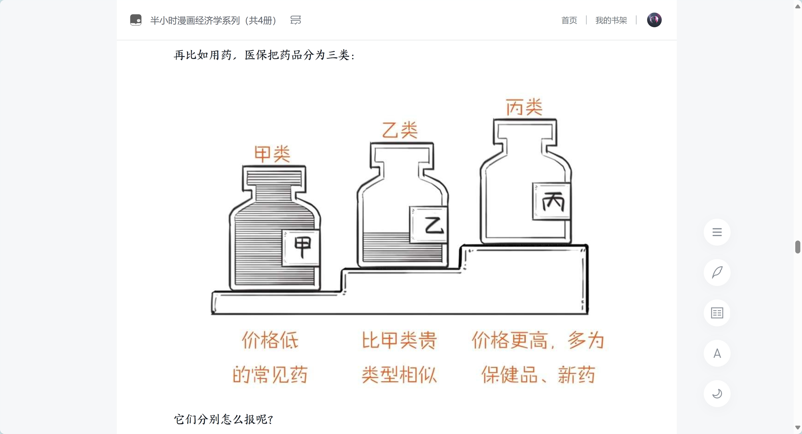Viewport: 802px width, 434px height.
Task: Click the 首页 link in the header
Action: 569,20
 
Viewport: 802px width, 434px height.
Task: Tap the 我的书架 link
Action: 611,20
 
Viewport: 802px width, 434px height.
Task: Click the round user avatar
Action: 654,20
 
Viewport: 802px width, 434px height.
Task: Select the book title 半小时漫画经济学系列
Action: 195,20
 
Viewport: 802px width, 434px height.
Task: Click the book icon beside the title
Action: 136,20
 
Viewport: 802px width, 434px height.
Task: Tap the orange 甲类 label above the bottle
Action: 272,154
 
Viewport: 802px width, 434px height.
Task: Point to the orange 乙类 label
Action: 400,130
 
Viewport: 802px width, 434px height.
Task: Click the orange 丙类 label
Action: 524,107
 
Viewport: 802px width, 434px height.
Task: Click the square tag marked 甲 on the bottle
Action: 301,247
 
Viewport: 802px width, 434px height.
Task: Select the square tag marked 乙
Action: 429,225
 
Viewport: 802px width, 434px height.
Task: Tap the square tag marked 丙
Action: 552,201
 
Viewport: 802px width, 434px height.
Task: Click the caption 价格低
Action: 270,340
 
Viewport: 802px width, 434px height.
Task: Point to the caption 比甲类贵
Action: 399,340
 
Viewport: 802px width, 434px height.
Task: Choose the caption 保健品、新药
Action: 538,375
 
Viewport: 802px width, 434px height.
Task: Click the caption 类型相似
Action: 399,375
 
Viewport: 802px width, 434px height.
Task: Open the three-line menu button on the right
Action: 717,232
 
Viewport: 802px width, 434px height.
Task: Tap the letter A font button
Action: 717,353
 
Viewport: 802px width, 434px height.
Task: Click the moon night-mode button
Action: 717,393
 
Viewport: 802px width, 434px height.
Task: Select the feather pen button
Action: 717,273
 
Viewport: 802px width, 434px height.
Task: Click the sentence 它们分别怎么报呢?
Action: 223,420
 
